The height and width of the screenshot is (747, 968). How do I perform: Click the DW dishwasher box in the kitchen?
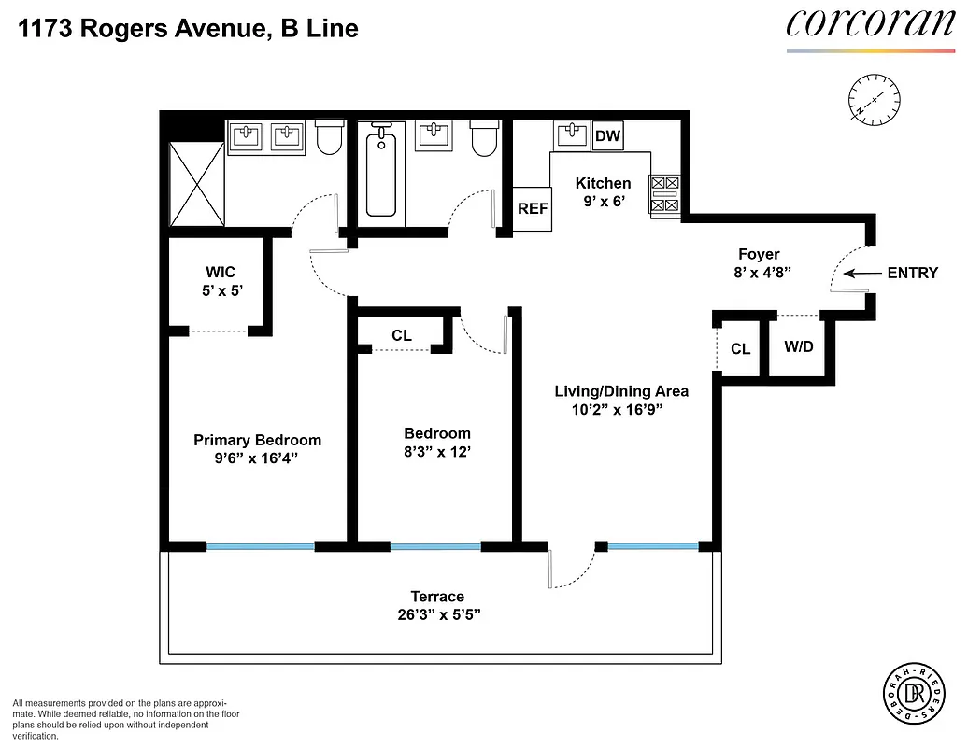[x=607, y=136]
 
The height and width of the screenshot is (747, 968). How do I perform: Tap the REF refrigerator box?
[x=533, y=209]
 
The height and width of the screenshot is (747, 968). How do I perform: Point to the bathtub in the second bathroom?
[x=381, y=173]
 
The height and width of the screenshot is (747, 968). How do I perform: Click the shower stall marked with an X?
[x=196, y=185]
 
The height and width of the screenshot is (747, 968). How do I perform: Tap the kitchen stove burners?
[x=664, y=194]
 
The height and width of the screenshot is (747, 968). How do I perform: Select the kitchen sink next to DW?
[x=571, y=135]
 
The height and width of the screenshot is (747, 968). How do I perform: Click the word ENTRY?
[x=912, y=273]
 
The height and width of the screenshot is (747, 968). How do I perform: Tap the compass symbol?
[x=875, y=99]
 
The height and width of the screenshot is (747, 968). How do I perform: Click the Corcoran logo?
[x=869, y=26]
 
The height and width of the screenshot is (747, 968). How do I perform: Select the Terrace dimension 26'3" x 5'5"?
[x=437, y=614]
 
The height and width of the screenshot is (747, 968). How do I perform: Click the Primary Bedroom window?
[x=260, y=546]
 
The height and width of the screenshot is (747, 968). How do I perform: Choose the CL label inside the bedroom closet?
[x=401, y=335]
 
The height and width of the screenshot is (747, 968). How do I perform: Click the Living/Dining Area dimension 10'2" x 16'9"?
[x=621, y=409]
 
